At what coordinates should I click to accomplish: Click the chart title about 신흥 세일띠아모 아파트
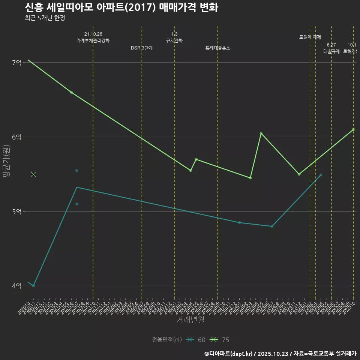point(121,7)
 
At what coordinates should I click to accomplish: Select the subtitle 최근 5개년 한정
point(45,18)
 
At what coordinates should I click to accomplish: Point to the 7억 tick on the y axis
point(16,63)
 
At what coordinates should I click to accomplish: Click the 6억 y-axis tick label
point(16,137)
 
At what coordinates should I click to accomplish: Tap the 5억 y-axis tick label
point(16,211)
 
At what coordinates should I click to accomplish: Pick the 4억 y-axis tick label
point(16,286)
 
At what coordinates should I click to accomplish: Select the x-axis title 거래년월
point(190,320)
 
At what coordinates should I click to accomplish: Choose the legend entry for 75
point(220,340)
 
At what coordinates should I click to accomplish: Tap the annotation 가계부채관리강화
point(93,40)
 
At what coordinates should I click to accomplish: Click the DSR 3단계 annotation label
point(142,48)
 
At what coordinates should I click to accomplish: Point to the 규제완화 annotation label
point(174,40)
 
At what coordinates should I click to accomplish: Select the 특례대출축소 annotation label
point(218,48)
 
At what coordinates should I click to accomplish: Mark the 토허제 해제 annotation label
point(310,37)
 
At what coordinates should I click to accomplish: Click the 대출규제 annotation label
point(331,52)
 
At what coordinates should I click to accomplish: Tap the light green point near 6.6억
point(71,92)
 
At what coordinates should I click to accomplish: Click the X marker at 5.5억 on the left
point(33,174)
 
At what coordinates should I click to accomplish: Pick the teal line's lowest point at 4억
point(33,286)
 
